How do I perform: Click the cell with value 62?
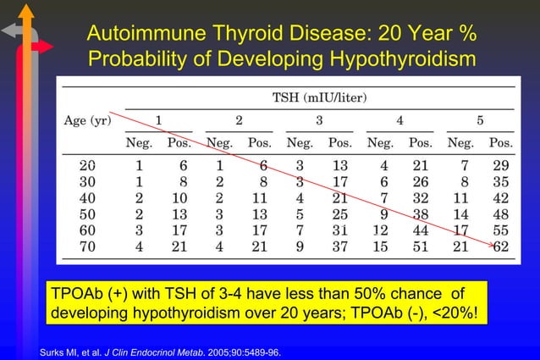[x=501, y=246]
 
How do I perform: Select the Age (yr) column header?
[x=89, y=120]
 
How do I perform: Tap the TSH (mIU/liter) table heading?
[x=318, y=97]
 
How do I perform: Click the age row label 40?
[x=87, y=197]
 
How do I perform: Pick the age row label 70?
[x=87, y=246]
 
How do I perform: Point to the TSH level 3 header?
[x=319, y=120]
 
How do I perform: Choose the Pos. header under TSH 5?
[x=501, y=142]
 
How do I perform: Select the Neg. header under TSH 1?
[x=140, y=142]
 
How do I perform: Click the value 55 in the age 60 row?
[x=501, y=230]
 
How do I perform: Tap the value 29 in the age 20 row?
[x=501, y=165]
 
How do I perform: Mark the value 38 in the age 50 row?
[x=421, y=213]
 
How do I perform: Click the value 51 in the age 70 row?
[x=421, y=246]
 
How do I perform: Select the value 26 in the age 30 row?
[x=421, y=181]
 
